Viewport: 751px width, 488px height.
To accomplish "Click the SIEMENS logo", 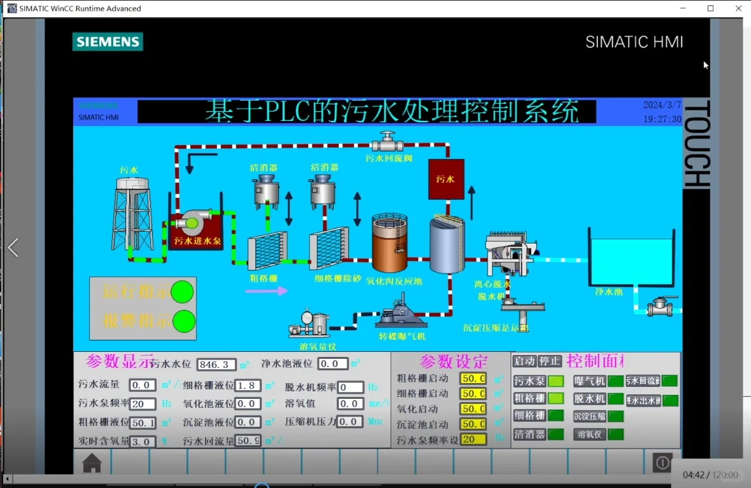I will (108, 42).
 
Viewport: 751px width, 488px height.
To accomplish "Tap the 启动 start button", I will (524, 361).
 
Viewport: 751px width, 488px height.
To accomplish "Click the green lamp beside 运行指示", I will (183, 292).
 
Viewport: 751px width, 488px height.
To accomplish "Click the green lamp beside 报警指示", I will (184, 321).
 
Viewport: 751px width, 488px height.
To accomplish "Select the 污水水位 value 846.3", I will (216, 365).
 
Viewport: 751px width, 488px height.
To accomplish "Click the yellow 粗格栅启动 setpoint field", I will (473, 379).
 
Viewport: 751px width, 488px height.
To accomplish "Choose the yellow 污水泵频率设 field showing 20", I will (473, 439).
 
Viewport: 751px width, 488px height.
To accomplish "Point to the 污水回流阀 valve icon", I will (387, 141).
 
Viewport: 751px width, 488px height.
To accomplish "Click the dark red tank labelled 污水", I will (446, 179).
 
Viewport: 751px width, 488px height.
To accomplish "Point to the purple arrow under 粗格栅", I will (266, 291).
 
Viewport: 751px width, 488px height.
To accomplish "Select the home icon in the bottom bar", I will (92, 463).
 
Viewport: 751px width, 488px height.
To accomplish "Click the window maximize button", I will (711, 8).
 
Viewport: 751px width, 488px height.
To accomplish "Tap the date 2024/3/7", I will (662, 105).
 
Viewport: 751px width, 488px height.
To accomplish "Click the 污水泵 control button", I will (530, 381).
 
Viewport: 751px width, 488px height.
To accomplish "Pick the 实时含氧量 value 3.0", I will (143, 442).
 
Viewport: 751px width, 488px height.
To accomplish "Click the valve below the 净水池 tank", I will (659, 307).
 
